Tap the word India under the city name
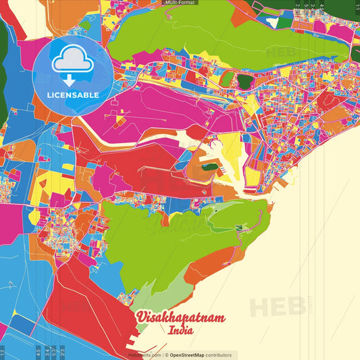click(x=181, y=331)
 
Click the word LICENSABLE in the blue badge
click(x=73, y=95)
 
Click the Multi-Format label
click(x=180, y=3)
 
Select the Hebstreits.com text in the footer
click(x=145, y=355)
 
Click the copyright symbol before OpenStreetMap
click(x=166, y=355)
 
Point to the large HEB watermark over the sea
click(x=277, y=305)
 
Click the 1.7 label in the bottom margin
click(x=3, y=351)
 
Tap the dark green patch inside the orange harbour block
click(x=209, y=166)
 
